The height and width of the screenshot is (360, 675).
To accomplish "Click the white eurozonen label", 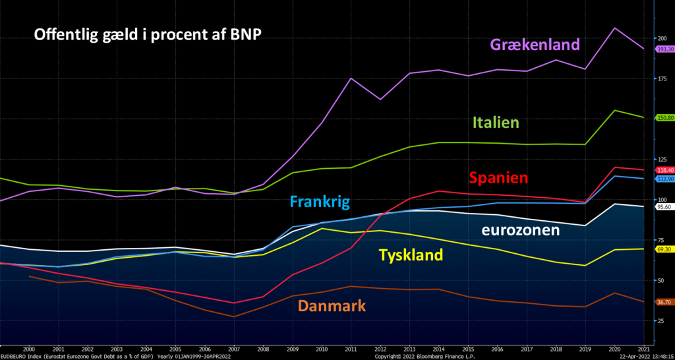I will coord(520,230).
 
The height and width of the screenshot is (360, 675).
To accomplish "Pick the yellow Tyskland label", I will coord(410,255).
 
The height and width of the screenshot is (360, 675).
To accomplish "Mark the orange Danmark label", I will coord(332,306).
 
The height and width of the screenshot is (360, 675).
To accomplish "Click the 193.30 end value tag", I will coord(664,49).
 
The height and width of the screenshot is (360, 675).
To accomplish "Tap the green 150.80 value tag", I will coord(664,118).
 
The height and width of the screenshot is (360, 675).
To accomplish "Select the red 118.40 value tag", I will coord(664,170).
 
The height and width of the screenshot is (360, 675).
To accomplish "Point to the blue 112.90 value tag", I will coord(664,179).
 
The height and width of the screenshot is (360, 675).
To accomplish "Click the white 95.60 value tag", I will coord(664,206).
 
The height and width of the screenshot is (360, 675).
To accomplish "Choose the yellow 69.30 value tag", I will coord(664,249).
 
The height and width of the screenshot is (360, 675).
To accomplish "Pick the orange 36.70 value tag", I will coord(664,302).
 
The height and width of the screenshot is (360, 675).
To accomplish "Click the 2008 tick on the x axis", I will coord(262,349).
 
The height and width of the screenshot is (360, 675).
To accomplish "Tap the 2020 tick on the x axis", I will coord(614,349).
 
